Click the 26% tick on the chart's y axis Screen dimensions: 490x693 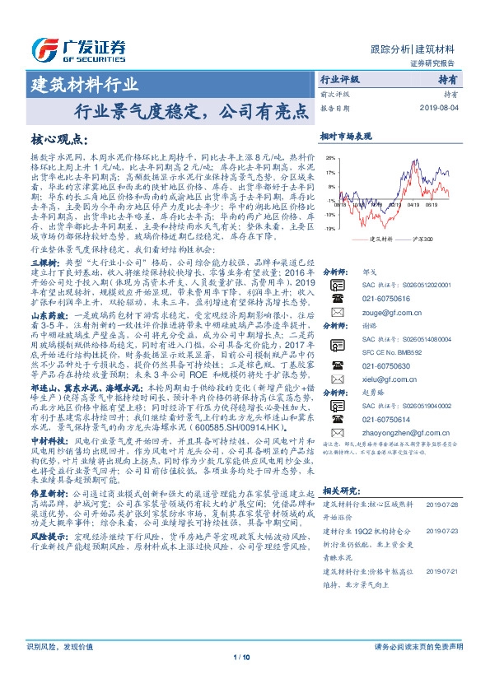[x=329, y=157]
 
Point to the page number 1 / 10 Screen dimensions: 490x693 [x=245, y=680]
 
